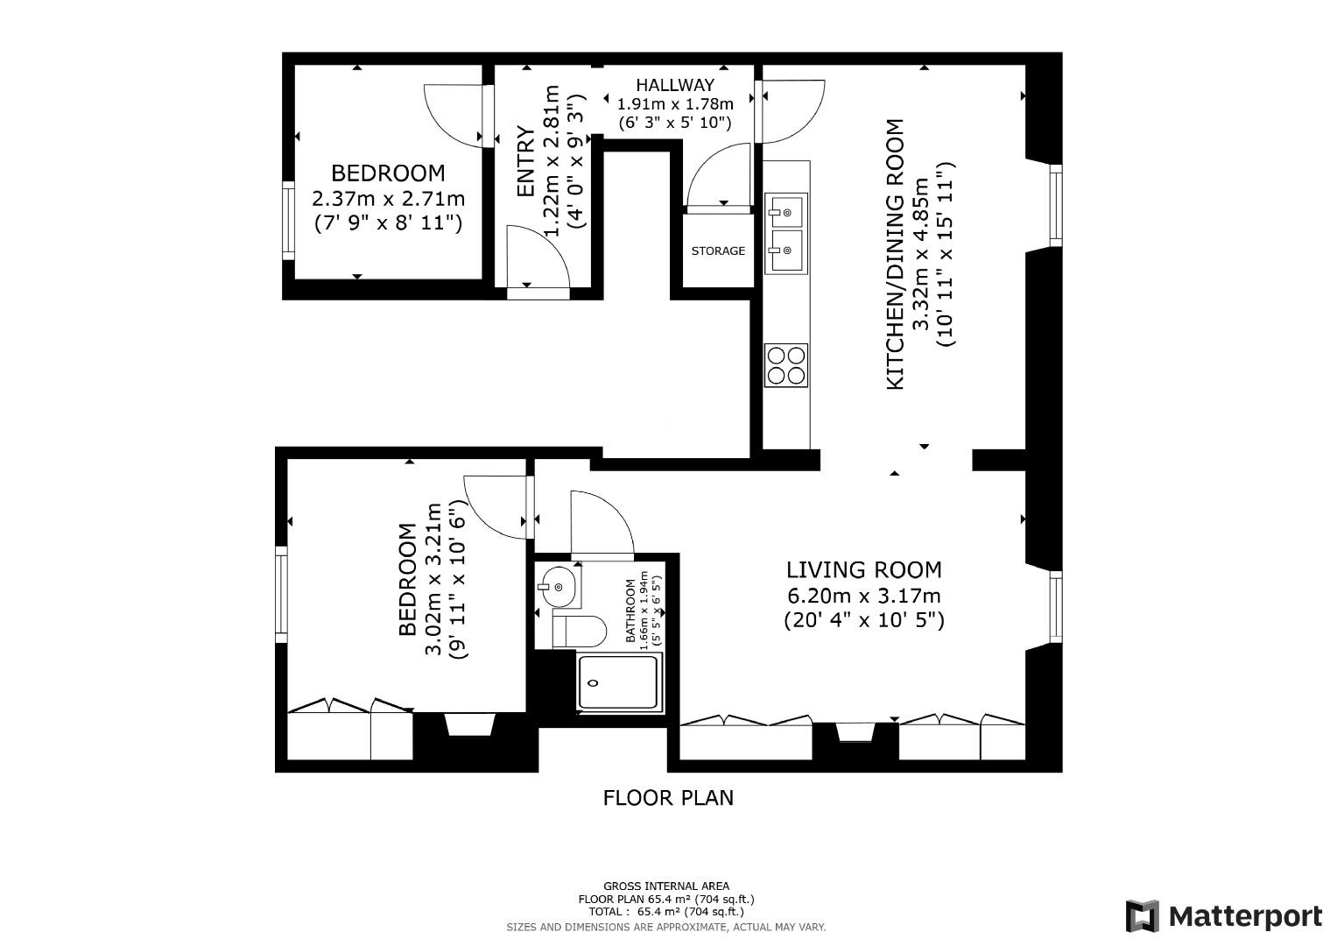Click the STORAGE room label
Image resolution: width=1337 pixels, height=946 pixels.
point(718,251)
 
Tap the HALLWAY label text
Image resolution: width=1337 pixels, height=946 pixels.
point(674,85)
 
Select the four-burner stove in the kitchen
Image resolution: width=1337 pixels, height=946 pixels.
point(785,366)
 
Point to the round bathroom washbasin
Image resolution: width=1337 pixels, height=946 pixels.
point(557,585)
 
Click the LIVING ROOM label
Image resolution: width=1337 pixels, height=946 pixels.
point(863,570)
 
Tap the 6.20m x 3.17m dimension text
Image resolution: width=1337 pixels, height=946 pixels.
point(863,597)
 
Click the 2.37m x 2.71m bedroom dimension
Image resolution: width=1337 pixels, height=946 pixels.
point(388,199)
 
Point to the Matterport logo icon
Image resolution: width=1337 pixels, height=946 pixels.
point(1142,916)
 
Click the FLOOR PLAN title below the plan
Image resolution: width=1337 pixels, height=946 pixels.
point(668,798)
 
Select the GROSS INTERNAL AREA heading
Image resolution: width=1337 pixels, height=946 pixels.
point(665,886)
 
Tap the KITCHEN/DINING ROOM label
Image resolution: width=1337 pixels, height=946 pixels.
point(895,254)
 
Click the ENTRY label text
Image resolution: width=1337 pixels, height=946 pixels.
point(525,162)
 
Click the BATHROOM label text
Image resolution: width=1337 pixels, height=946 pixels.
point(630,611)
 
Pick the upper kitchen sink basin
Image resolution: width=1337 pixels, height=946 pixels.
point(785,211)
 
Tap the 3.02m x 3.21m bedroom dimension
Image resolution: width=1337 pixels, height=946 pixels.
point(433,578)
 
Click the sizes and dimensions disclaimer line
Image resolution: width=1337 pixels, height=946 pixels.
point(665,927)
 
